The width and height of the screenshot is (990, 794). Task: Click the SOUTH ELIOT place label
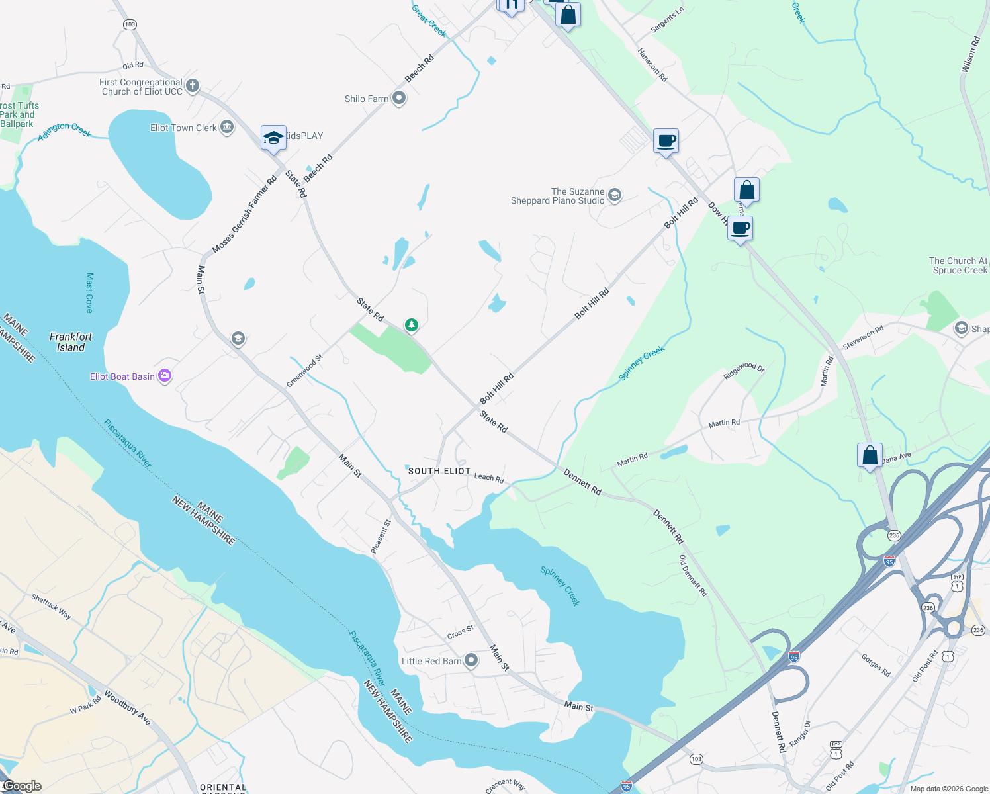coord(439,471)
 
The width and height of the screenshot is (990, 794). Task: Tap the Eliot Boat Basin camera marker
coord(165,376)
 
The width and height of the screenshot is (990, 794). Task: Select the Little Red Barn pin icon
coord(471,660)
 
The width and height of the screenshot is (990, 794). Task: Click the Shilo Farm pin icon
coord(399,98)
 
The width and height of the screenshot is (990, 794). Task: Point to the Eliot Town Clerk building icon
coord(227,127)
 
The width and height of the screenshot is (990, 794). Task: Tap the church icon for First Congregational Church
coord(193,85)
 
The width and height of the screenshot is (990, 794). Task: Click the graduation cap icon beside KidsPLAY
coord(273,138)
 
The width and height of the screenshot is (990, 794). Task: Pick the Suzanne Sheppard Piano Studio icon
coord(615,195)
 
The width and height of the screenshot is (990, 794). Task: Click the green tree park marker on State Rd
coord(412,325)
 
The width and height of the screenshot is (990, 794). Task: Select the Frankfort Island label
coord(71,342)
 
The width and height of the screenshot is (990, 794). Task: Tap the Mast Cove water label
coord(90,292)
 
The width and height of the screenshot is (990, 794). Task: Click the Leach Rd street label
coord(489,477)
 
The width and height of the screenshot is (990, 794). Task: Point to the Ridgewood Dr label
coord(744,370)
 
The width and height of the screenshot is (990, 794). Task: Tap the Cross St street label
coord(461,632)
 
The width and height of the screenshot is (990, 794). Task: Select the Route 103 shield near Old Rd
coord(130,24)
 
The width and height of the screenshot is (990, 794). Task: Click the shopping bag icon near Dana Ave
coord(870,455)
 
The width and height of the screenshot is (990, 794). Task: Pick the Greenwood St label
coord(304,371)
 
